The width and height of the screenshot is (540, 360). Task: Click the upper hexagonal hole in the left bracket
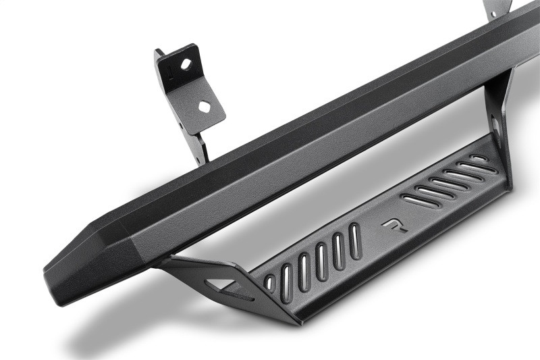[x=186, y=64]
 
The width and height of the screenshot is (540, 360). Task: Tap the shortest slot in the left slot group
[x=270, y=283]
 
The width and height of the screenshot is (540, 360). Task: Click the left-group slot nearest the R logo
[x=355, y=240]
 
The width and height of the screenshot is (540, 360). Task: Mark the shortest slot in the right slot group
[x=479, y=158]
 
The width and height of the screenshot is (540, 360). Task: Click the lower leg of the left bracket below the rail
[x=200, y=149]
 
